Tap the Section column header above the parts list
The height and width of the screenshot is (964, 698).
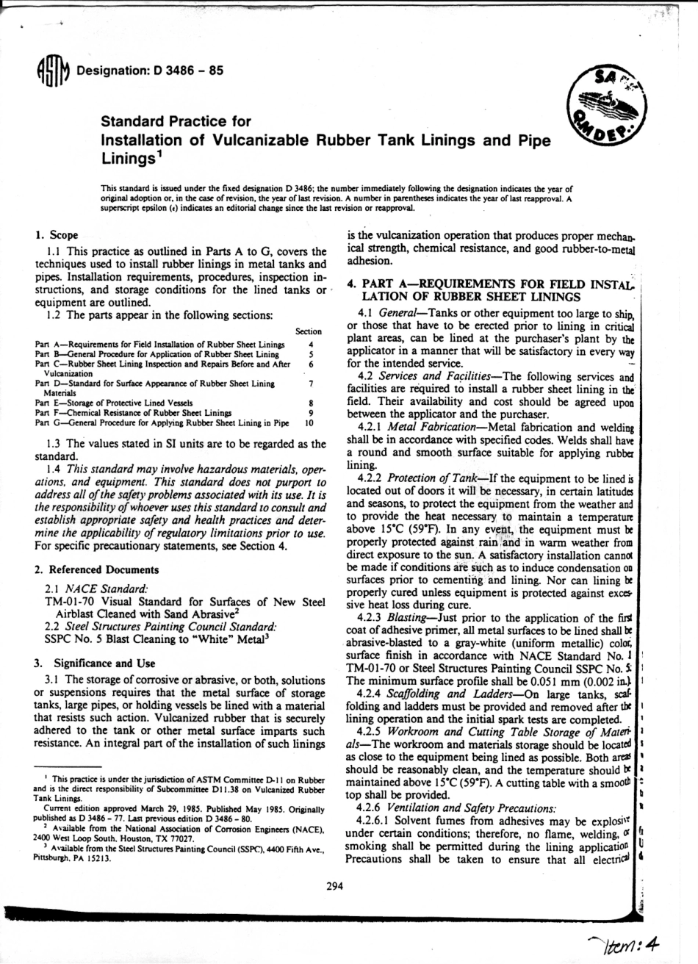pyautogui.click(x=309, y=331)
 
